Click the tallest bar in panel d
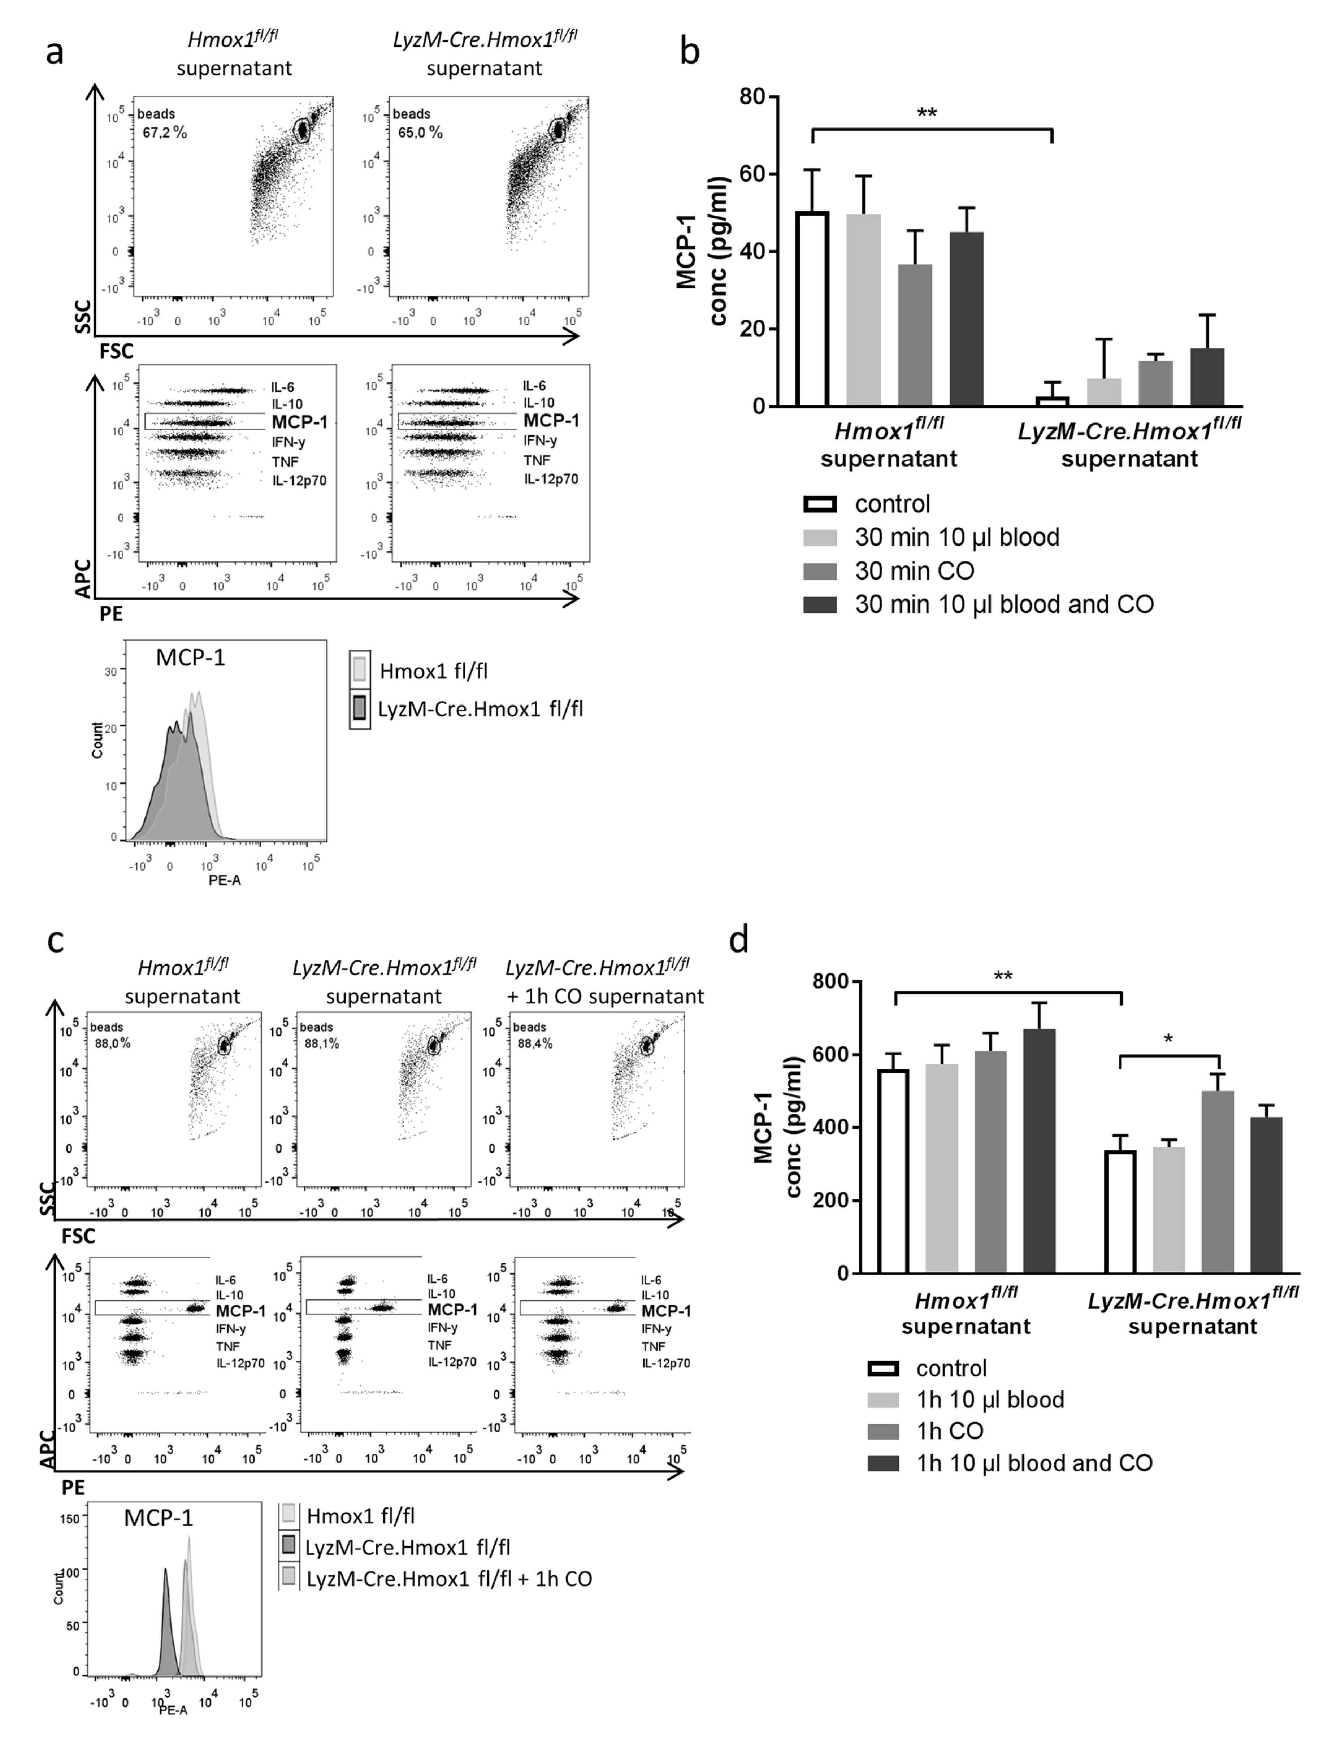pos(1039,1151)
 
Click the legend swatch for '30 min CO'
pos(820,571)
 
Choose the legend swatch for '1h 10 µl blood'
pos(883,1400)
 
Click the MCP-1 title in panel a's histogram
pos(190,657)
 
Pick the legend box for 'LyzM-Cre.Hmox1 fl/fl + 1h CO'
pos(289,1578)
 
